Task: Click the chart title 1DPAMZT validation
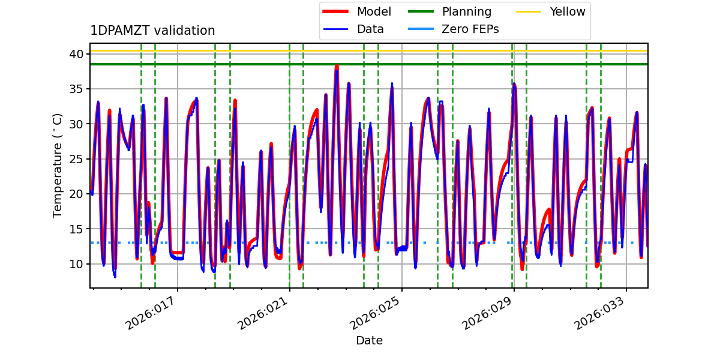(x=152, y=31)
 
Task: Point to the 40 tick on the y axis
(x=77, y=54)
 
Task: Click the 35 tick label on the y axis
(x=77, y=89)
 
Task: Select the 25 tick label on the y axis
(x=77, y=159)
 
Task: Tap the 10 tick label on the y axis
(x=77, y=264)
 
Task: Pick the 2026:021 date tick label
(x=265, y=314)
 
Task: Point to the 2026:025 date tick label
(x=377, y=314)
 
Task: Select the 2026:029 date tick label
(x=489, y=314)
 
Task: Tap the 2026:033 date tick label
(x=601, y=314)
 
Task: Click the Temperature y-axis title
(x=58, y=165)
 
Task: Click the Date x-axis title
(x=369, y=341)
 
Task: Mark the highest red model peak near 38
(x=337, y=66)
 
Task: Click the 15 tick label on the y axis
(x=77, y=229)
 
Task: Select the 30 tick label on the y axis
(x=77, y=124)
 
